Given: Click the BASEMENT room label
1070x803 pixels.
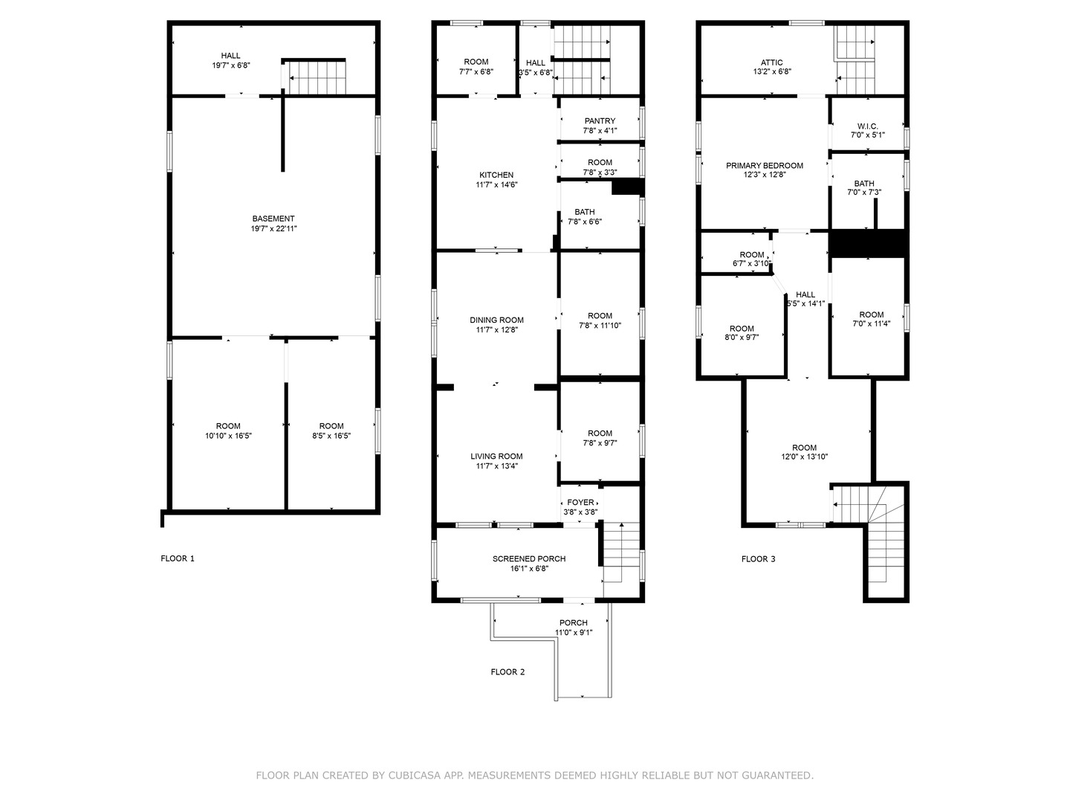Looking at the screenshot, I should tap(273, 219).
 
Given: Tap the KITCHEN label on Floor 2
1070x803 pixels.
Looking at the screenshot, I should tap(496, 175).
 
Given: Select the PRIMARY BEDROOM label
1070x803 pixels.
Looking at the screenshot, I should tap(765, 166).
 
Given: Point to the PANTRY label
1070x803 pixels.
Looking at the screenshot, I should tap(600, 121).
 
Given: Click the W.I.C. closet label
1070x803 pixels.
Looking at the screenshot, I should tap(867, 126).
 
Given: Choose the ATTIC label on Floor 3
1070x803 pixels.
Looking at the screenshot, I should tap(772, 63).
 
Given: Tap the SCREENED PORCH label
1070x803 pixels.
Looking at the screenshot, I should tap(529, 559).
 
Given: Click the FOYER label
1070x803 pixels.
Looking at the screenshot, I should tap(580, 503).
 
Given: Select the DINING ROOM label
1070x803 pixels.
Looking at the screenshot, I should tap(496, 320).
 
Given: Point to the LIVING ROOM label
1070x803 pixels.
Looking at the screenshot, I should tap(496, 457).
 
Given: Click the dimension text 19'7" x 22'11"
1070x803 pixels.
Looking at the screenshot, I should tap(273, 229).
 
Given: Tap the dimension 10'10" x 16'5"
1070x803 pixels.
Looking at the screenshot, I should tap(228, 436).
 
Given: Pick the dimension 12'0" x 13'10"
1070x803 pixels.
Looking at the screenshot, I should tap(804, 457).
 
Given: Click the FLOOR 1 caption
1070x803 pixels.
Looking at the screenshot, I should tap(178, 558).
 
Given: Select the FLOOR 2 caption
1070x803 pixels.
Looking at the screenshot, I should tap(508, 672).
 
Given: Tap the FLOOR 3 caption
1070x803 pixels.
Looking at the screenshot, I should tap(758, 559).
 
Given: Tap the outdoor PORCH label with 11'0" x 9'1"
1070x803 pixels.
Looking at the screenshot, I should tap(573, 623).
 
